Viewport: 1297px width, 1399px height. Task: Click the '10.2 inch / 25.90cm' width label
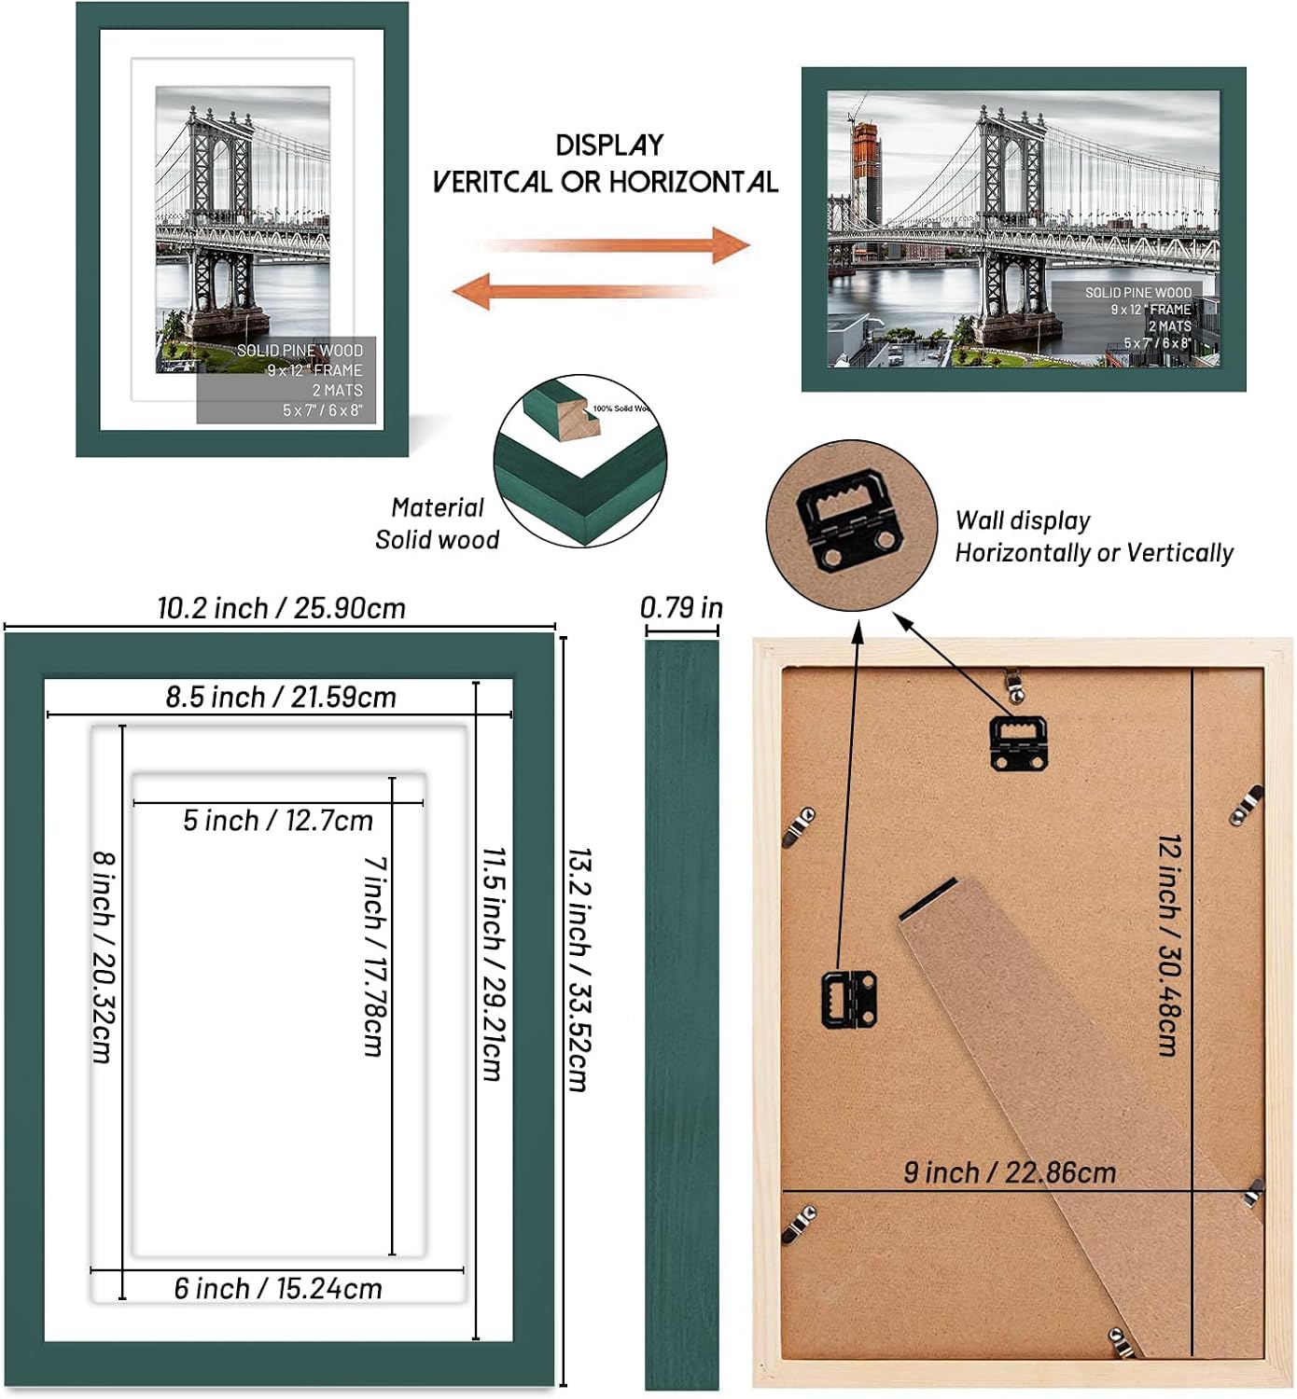[281, 608]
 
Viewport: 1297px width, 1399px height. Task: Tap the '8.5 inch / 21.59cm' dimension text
[281, 697]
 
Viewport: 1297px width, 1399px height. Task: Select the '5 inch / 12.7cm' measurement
[278, 821]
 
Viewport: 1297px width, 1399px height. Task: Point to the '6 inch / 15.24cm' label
[278, 1288]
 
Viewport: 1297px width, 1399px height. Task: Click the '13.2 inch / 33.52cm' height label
[579, 969]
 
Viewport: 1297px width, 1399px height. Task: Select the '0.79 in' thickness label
[681, 608]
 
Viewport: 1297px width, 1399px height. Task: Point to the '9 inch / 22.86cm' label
[1010, 1172]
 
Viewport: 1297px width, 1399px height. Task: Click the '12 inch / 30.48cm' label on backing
[1169, 945]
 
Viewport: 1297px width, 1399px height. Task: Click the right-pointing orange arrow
[616, 245]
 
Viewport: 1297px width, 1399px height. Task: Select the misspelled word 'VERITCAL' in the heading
[491, 182]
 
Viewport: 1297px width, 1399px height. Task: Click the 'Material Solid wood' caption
[437, 523]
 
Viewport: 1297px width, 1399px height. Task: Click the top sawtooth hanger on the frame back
[1017, 743]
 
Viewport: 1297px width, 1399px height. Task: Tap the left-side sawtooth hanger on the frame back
[848, 999]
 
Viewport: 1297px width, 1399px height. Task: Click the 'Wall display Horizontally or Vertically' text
[1094, 537]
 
